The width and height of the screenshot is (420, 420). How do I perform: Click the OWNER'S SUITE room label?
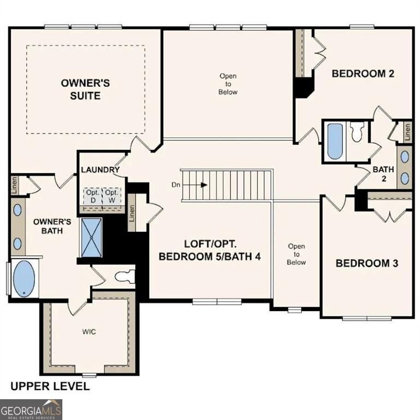point(85,89)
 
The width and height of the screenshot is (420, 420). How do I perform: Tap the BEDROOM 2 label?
point(363,74)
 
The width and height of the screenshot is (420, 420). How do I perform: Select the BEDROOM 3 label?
point(366,263)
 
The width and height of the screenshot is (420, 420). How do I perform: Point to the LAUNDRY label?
point(100,170)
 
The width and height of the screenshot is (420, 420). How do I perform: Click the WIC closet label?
point(89,331)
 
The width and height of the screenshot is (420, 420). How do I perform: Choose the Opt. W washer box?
point(112,196)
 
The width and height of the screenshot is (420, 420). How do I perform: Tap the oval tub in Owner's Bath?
point(23,278)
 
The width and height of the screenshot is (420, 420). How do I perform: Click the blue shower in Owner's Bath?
point(91,237)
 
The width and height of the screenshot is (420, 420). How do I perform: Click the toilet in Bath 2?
point(357,132)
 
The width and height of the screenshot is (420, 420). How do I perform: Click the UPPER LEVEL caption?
point(50,387)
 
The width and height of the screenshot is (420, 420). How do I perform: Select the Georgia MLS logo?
point(31,410)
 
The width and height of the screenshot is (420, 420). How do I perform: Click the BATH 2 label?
point(383,174)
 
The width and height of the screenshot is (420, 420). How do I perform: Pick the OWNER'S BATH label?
point(52,226)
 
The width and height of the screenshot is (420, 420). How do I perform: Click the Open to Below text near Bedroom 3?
point(296,254)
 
